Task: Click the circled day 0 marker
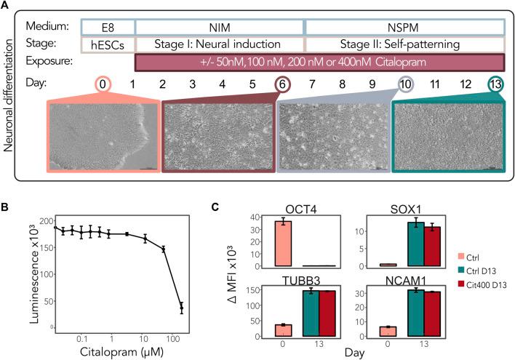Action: (102, 84)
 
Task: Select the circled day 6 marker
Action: (282, 84)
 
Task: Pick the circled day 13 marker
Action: (496, 84)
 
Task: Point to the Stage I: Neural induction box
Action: (220, 44)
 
